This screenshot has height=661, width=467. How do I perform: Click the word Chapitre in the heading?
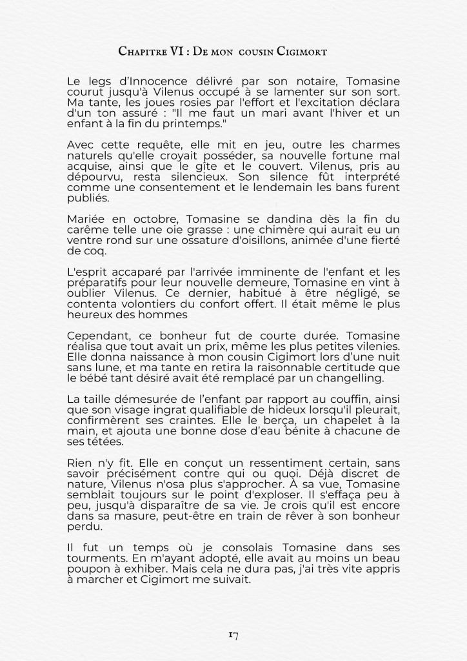(141, 52)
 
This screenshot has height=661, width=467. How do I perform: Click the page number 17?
(234, 635)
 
